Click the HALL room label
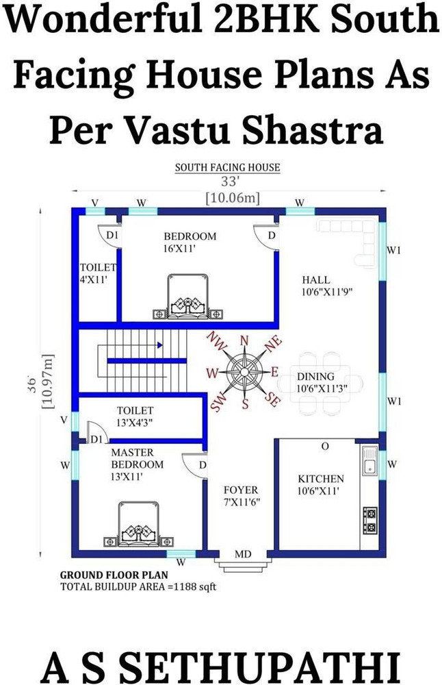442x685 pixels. pyautogui.click(x=315, y=279)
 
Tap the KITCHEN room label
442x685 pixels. pyautogui.click(x=320, y=478)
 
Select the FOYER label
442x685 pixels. pyautogui.click(x=241, y=490)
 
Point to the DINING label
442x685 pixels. pyautogui.click(x=315, y=376)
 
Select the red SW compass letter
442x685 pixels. pyautogui.click(x=218, y=403)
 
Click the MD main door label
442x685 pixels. pyautogui.click(x=243, y=553)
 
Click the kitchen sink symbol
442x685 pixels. pyautogui.click(x=369, y=460)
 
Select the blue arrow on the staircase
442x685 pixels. pyautogui.click(x=160, y=345)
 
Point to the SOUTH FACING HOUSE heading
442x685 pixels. pyautogui.click(x=227, y=167)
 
